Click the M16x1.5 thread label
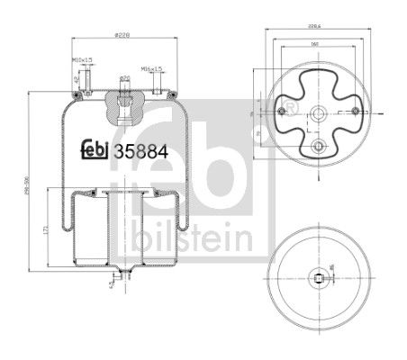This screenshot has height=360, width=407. coord(149,68)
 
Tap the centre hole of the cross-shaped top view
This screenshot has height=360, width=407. coord(314,113)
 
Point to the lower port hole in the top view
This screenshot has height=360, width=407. coord(314,146)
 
